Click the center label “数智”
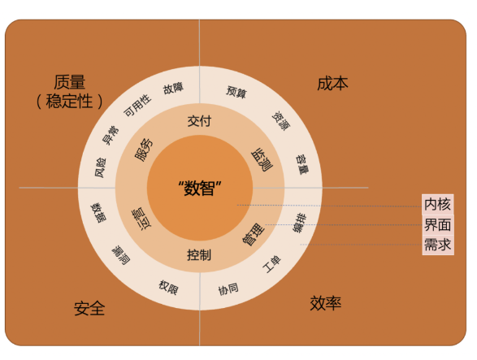[200, 188]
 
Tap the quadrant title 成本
[332, 84]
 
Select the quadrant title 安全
[89, 308]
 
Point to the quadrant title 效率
[326, 303]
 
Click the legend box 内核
[438, 204]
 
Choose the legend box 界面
[438, 224]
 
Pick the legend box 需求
[438, 245]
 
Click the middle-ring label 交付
[199, 121]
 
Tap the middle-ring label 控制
[199, 255]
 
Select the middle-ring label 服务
[144, 150]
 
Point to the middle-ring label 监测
[262, 160]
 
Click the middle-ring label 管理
[253, 234]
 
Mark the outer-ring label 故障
[173, 89]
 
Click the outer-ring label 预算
[236, 91]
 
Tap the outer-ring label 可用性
[137, 106]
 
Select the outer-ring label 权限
[168, 288]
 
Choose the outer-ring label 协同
[228, 289]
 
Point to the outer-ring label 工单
[271, 264]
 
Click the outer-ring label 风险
[101, 167]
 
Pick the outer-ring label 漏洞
[121, 255]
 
